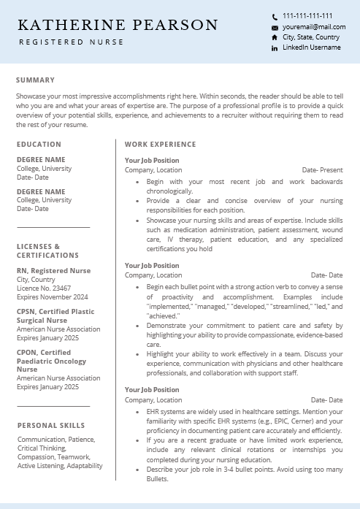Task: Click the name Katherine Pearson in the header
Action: click(118, 26)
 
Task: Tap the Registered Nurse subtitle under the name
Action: click(71, 42)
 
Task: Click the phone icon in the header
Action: click(275, 16)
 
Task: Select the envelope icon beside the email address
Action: click(275, 27)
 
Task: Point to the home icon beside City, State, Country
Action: click(275, 37)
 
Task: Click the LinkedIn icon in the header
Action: click(275, 48)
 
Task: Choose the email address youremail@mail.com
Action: click(307, 26)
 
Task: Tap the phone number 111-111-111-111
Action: click(307, 15)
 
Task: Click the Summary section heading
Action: click(35, 80)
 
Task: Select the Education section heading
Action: click(39, 145)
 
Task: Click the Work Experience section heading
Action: click(160, 145)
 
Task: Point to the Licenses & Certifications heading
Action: click(47, 251)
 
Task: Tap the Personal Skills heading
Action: click(51, 425)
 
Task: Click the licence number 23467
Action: click(61, 288)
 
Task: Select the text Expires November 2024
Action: click(53, 297)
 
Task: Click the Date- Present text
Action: click(322, 170)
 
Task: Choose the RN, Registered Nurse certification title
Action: click(54, 271)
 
